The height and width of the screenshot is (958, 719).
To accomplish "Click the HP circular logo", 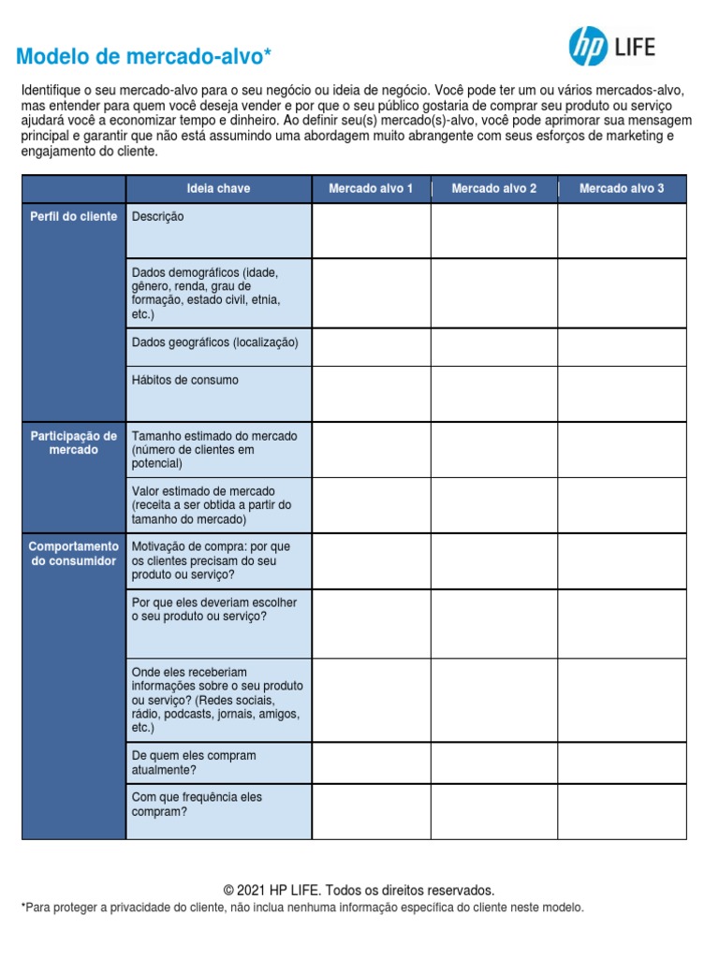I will coord(589,46).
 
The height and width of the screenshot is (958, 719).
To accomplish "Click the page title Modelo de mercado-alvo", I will coord(144,58).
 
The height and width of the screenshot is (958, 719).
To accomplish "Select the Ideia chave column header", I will coord(218,189).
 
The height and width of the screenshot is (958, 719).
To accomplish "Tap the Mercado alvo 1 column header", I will coord(371,189).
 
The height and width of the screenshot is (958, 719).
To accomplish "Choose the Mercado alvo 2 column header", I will coord(494,189).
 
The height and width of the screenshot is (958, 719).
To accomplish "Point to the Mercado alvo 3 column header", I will coord(622,189).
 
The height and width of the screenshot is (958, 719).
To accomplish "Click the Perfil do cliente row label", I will coord(74,217).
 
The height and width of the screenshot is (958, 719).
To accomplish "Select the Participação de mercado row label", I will coord(74,443).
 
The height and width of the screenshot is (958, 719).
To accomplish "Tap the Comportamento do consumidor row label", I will coord(74,554).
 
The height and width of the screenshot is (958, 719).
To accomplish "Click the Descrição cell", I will coord(218,230).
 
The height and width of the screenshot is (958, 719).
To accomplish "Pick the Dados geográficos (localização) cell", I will coord(218,346).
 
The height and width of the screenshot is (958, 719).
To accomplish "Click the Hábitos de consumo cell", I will coord(218,393).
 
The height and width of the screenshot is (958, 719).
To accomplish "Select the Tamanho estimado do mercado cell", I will coord(218,450).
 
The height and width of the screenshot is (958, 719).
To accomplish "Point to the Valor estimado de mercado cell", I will coord(218,505).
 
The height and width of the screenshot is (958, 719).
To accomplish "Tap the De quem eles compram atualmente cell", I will coord(218,762).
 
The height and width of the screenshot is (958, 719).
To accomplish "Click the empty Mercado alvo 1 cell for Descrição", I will coord(371,230).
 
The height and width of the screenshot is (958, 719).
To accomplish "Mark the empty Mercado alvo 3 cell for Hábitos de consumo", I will coord(622,393).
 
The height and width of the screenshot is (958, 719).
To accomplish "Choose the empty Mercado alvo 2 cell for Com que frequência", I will coord(494,811).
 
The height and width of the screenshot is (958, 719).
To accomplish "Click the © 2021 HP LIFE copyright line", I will coord(359,890).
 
